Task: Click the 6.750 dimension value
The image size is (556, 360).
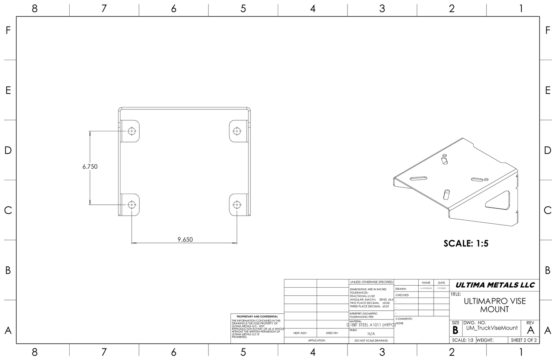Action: (x=90, y=167)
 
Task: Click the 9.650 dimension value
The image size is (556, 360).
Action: (x=185, y=239)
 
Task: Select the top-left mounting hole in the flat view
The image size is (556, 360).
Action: (x=132, y=131)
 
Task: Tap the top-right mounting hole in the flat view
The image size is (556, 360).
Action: (x=237, y=131)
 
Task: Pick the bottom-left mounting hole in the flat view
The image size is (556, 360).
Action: (x=132, y=204)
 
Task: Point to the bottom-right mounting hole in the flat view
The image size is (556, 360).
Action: (x=237, y=204)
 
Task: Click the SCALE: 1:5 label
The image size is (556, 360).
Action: (x=466, y=243)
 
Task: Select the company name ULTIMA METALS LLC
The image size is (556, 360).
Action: (x=495, y=285)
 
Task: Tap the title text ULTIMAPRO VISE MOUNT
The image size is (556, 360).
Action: (x=494, y=305)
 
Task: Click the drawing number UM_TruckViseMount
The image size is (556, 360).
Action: (x=492, y=328)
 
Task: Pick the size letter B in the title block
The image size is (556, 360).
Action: (x=455, y=330)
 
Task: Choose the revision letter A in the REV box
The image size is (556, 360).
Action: (x=531, y=330)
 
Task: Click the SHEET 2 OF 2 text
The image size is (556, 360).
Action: (x=524, y=340)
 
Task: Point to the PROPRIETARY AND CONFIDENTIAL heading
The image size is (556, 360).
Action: (x=257, y=316)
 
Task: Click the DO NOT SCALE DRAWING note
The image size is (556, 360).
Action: (x=371, y=340)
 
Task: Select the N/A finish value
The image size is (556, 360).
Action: (x=371, y=334)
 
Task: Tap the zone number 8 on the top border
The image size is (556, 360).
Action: (x=35, y=8)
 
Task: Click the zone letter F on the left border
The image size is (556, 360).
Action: (x=8, y=30)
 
